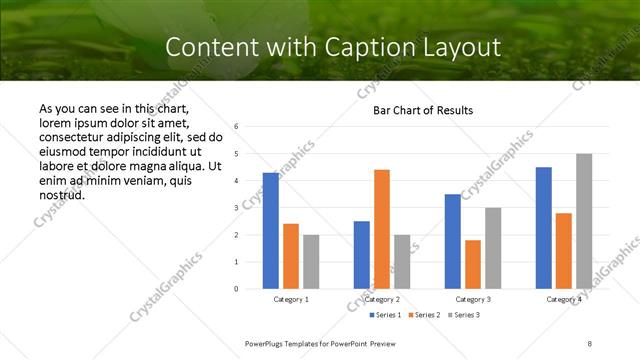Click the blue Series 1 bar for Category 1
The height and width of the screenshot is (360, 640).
coord(271,231)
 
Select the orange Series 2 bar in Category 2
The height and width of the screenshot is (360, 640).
coord(382,229)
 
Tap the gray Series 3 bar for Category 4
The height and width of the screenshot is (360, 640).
coord(584,221)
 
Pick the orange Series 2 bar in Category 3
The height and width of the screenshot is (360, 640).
coord(473,264)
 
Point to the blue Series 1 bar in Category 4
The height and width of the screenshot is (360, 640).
coord(544,228)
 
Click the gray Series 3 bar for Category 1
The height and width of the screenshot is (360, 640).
coord(311,262)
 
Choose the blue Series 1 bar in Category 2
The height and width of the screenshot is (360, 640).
coord(362,255)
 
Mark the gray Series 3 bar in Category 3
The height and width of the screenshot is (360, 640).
coord(493,248)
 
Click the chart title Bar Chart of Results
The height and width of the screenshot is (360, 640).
coord(423,110)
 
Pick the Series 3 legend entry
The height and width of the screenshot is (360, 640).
coord(466,315)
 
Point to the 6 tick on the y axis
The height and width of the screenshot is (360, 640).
coord(236,127)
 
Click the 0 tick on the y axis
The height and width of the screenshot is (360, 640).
coord(236,289)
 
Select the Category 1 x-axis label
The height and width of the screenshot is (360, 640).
coord(291,299)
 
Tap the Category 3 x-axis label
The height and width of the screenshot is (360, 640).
coord(473,299)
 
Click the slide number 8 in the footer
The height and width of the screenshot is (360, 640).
coord(590,343)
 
